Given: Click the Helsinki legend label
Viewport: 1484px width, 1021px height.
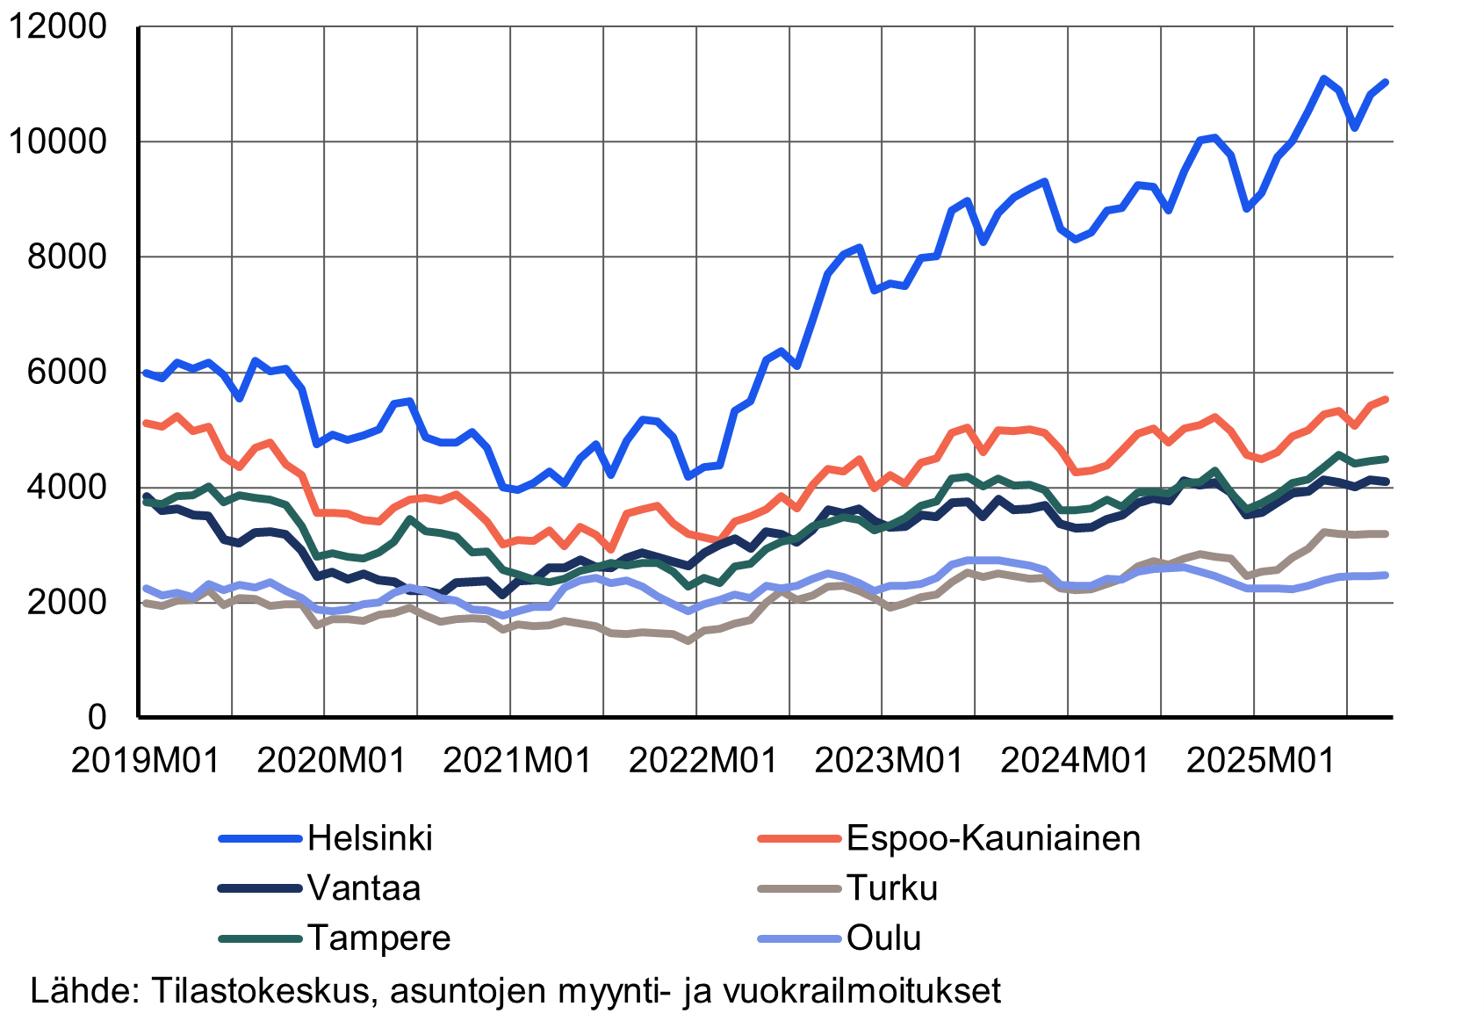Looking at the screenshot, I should [370, 838].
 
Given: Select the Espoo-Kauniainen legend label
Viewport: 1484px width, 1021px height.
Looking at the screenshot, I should [993, 838].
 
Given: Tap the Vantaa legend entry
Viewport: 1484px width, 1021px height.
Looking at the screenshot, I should [364, 888].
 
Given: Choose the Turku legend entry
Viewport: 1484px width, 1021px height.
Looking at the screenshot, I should [892, 888].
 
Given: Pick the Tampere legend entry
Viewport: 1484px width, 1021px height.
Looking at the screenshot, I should [378, 938].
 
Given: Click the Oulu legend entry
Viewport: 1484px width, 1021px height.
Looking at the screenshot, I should [883, 938].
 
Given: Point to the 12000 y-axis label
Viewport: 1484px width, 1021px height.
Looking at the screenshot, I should [58, 26].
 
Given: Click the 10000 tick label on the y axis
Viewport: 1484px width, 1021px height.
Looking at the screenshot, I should [58, 141].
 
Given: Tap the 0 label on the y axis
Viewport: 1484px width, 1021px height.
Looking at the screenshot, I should [97, 717].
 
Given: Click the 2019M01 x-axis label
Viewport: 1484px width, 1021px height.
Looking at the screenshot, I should [146, 760].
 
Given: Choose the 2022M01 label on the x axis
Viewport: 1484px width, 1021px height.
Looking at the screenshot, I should [703, 760].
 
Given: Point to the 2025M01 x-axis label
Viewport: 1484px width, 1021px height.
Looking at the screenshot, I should [1261, 760].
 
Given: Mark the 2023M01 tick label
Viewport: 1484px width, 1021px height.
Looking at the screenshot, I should [889, 760].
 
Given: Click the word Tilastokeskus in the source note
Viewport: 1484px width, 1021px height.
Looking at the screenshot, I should [261, 990].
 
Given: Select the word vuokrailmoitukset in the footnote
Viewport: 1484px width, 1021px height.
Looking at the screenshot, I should [861, 990].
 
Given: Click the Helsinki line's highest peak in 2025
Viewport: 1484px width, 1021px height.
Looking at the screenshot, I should [1323, 79].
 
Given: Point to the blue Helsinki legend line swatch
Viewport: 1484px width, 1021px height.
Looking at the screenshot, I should [260, 839].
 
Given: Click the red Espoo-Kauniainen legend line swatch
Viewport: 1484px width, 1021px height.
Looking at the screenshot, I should [799, 839].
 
